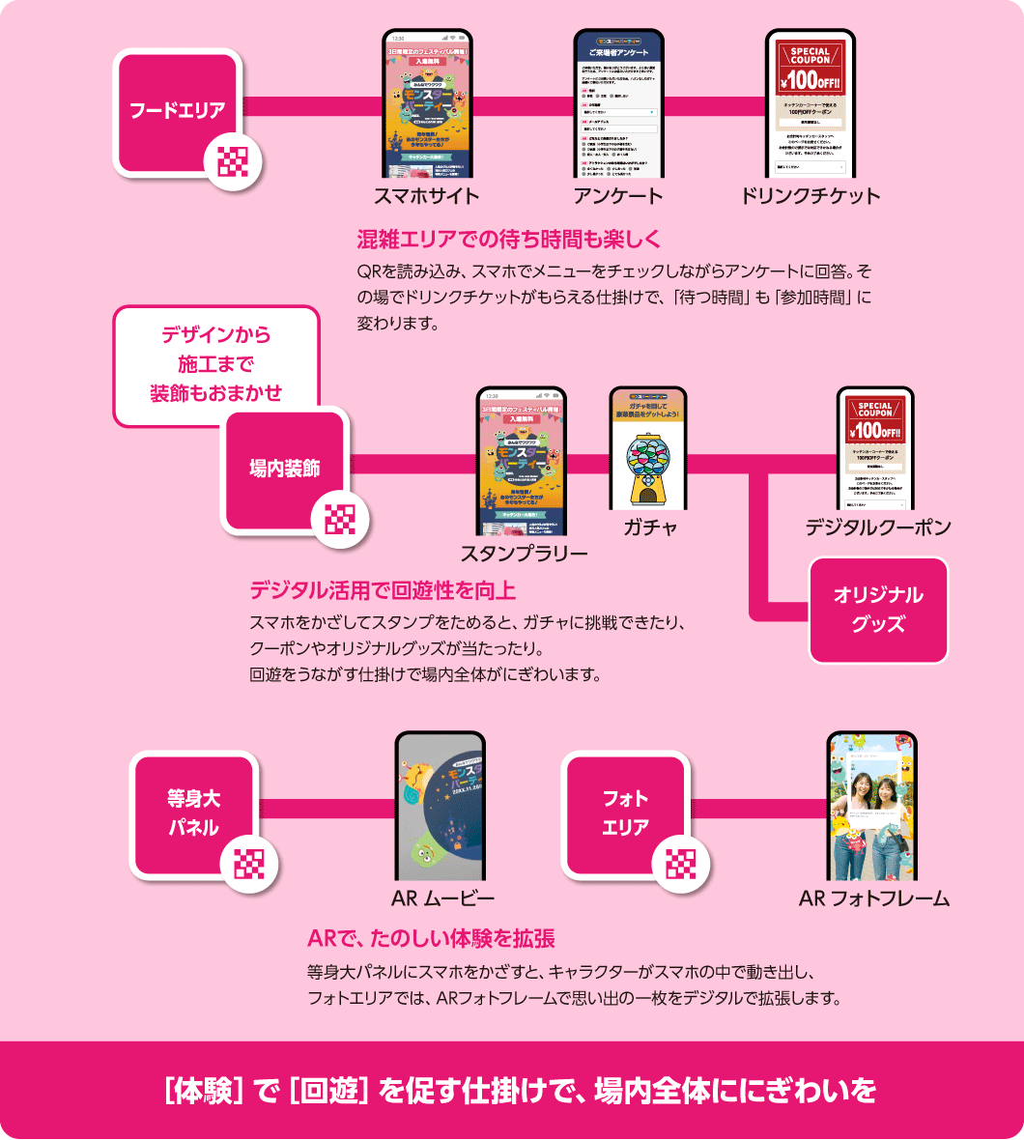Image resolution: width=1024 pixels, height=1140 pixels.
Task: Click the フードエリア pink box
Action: (x=177, y=110)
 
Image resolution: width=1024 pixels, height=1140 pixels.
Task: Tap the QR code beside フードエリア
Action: (x=233, y=160)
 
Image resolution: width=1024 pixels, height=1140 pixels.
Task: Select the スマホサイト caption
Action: (x=426, y=196)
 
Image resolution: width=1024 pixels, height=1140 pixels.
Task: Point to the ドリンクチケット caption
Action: (x=810, y=196)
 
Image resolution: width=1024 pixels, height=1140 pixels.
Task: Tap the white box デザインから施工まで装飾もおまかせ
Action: (x=215, y=365)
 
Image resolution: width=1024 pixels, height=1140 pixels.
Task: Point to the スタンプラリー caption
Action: (x=523, y=554)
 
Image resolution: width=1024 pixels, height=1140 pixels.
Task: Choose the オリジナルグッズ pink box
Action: (x=878, y=610)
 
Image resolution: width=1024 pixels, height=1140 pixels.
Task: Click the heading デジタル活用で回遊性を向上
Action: (x=383, y=589)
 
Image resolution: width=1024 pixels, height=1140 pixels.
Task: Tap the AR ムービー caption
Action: (x=442, y=899)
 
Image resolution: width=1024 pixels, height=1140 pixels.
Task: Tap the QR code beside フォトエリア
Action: (x=680, y=864)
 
